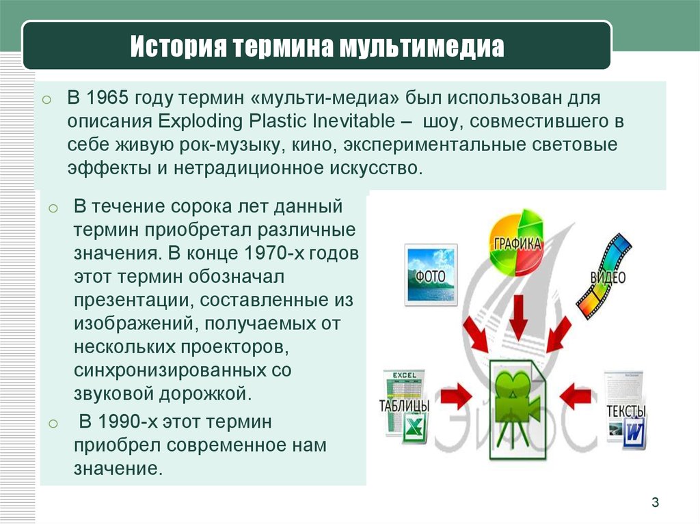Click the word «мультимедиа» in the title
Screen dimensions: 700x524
[x=422, y=46]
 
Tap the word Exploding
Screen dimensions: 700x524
[x=200, y=122]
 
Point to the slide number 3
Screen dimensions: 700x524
[x=655, y=502]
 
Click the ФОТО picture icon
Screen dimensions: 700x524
[x=431, y=275]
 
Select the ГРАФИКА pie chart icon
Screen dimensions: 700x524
[x=517, y=243]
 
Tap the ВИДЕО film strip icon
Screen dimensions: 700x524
[x=604, y=276]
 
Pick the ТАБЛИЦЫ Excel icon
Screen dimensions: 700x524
[x=405, y=406]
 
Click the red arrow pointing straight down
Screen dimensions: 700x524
[x=518, y=318]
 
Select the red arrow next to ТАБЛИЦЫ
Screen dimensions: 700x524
[x=456, y=396]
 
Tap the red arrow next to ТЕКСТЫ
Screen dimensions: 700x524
[x=576, y=396]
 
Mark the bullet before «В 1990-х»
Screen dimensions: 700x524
[x=53, y=423]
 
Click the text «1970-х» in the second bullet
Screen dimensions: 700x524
[x=273, y=253]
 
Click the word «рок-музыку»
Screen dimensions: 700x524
[x=231, y=145]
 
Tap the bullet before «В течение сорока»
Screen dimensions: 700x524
[x=53, y=208]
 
